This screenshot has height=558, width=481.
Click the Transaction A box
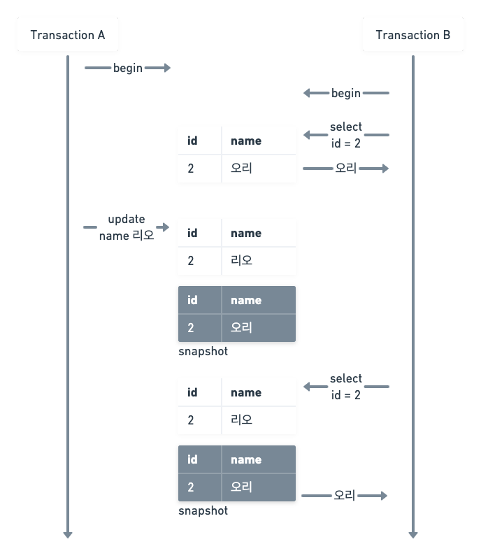pos(68,35)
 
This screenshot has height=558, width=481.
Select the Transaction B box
pos(412,35)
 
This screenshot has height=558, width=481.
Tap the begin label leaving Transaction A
pos(128,68)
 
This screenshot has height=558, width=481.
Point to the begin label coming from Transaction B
pos(346,93)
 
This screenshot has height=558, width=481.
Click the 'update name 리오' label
pos(126,227)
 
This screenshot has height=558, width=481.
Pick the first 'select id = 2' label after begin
pos(346,135)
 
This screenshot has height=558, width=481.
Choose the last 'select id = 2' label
pos(346,387)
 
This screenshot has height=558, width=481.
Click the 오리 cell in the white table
pos(241,169)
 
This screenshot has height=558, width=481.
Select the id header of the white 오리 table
pos(192,141)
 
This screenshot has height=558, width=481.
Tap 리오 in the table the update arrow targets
pos(241,261)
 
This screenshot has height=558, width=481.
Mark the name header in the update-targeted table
pos(246,233)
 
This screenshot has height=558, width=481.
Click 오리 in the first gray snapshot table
pos(241,328)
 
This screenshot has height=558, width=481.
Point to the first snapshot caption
pos(203,352)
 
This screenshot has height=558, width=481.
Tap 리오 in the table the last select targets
pos(241,420)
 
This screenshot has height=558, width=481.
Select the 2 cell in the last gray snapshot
pos(191,487)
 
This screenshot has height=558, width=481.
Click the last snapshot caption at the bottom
pos(203,511)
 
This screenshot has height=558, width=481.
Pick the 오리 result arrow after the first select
pos(345,169)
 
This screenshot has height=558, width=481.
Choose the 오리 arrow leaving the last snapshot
pos(345,496)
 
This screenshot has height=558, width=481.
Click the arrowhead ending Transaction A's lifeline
pos(68,534)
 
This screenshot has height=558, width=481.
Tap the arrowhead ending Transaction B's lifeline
pos(413,534)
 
